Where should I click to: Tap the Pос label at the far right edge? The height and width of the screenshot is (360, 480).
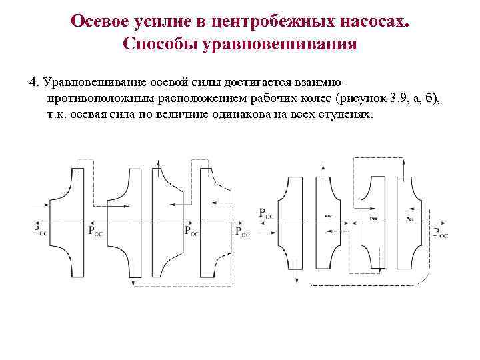441,233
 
